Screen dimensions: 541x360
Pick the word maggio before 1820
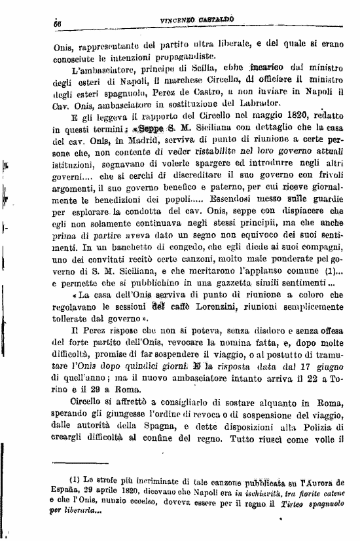click(247, 122)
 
